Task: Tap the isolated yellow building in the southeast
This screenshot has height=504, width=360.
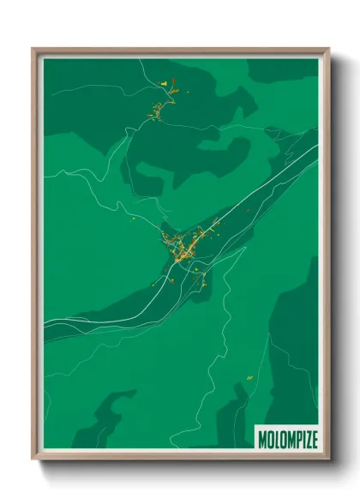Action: (x=249, y=378)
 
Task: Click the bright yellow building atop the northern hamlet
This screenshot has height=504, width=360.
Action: (x=163, y=83)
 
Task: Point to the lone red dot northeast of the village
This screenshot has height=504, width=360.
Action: (x=248, y=208)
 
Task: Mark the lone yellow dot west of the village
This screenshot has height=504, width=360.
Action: (x=135, y=220)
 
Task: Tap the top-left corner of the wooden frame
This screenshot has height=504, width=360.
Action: (x=33, y=49)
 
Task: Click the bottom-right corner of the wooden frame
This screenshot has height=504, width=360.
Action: (x=328, y=459)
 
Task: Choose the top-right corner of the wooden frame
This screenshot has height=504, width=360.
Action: (x=328, y=49)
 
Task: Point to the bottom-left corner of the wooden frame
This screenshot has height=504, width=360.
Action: (x=33, y=459)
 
